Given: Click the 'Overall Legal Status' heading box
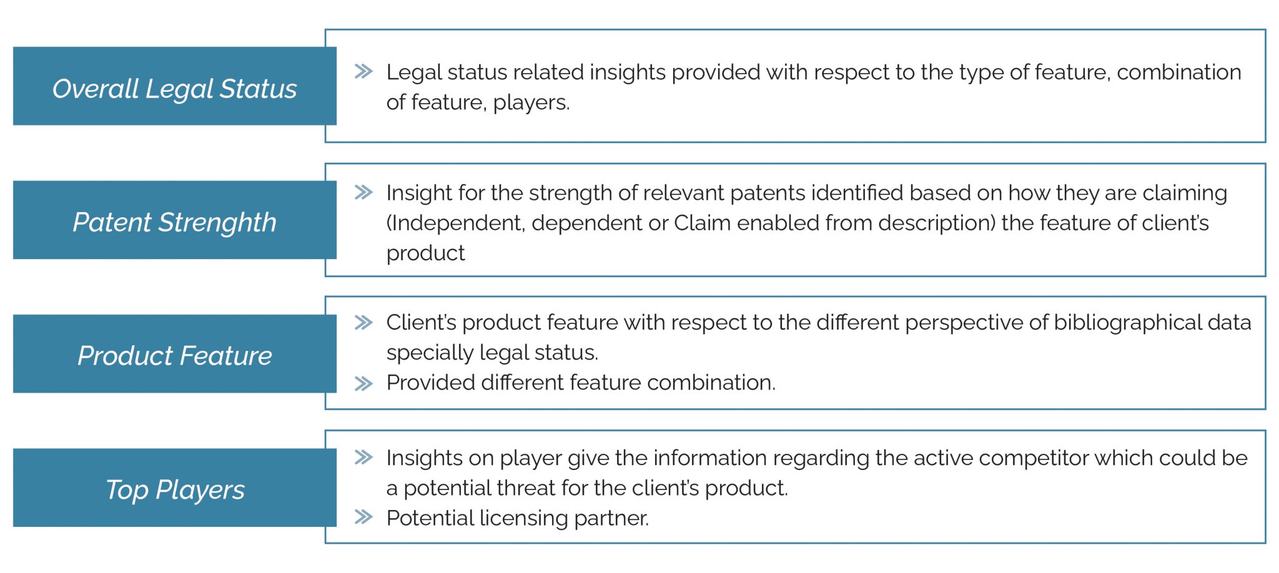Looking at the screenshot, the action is [x=175, y=86].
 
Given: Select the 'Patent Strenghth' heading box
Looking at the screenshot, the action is [x=175, y=220].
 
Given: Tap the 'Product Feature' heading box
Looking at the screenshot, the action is [x=175, y=353].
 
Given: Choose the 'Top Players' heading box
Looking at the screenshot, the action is [x=175, y=487].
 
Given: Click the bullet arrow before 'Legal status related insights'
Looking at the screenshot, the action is [x=363, y=71].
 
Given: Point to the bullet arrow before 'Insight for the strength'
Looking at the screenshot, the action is [x=363, y=192].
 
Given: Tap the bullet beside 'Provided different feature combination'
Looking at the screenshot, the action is [x=363, y=383].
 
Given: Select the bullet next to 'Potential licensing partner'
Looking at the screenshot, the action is [x=363, y=517].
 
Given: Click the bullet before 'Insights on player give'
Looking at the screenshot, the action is [x=363, y=458].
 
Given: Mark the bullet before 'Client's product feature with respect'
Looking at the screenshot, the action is [x=363, y=322].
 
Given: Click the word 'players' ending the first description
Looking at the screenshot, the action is [x=531, y=103].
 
